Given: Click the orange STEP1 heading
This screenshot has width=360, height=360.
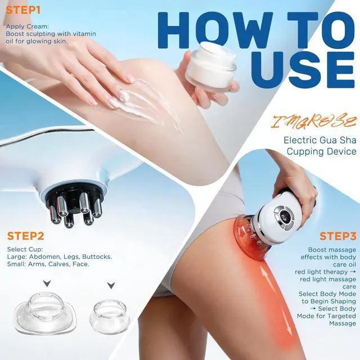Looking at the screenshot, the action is click(x=23, y=10).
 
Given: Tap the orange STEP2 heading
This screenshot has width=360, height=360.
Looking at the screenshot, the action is click(x=25, y=236).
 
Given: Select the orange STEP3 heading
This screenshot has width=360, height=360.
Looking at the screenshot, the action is click(x=338, y=236).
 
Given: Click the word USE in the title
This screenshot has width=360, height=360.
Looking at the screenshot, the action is click(x=303, y=69).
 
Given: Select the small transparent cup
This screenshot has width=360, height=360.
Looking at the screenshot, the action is click(x=110, y=314).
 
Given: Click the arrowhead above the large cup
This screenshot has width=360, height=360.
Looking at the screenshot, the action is click(x=47, y=283).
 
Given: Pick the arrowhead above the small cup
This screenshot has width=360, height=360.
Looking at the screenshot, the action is click(x=111, y=285).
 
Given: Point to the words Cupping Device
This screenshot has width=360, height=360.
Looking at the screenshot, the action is click(x=322, y=151).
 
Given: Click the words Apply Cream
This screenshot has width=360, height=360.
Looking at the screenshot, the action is click(x=28, y=27).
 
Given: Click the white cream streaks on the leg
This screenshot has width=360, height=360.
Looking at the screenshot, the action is click(x=147, y=106).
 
